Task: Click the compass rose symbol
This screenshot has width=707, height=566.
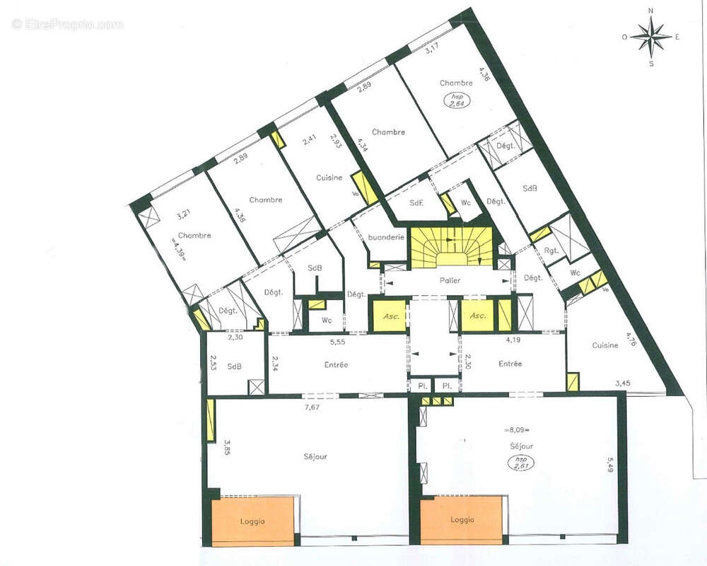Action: point(651,36)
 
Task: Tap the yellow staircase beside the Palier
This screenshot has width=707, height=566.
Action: point(450,247)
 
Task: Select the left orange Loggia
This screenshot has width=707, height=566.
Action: point(252,521)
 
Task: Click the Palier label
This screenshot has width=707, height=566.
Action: point(450,281)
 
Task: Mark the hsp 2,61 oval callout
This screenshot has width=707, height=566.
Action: point(521,463)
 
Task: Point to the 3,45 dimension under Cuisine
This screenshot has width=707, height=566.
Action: point(622,383)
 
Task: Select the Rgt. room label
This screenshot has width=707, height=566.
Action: point(550,249)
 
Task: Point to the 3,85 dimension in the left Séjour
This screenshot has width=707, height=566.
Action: point(227,447)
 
